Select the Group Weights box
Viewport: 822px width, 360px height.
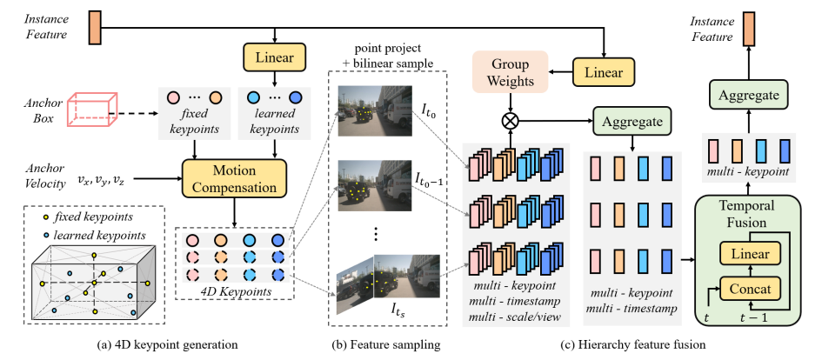511,70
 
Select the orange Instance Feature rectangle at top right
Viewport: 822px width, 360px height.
747,32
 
